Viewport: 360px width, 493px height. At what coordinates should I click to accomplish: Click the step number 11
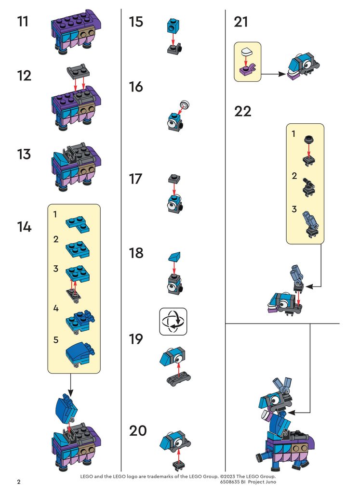23,21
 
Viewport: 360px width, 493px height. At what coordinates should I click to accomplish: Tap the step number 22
242,111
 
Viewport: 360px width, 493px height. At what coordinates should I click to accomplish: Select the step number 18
136,253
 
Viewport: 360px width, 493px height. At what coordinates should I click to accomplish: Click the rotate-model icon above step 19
173,321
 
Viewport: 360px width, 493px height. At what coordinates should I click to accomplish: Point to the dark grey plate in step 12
78,72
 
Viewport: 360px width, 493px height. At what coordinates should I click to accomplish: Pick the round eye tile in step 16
185,104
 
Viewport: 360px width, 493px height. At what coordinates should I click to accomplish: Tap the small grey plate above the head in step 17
174,179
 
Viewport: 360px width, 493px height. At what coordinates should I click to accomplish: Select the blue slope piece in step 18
174,257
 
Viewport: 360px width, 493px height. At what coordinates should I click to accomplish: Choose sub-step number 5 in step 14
56,340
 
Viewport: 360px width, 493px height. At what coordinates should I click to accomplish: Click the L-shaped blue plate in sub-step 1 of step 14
78,224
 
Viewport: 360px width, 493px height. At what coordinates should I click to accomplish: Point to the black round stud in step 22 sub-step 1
309,139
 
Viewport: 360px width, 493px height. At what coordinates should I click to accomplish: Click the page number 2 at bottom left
19,481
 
